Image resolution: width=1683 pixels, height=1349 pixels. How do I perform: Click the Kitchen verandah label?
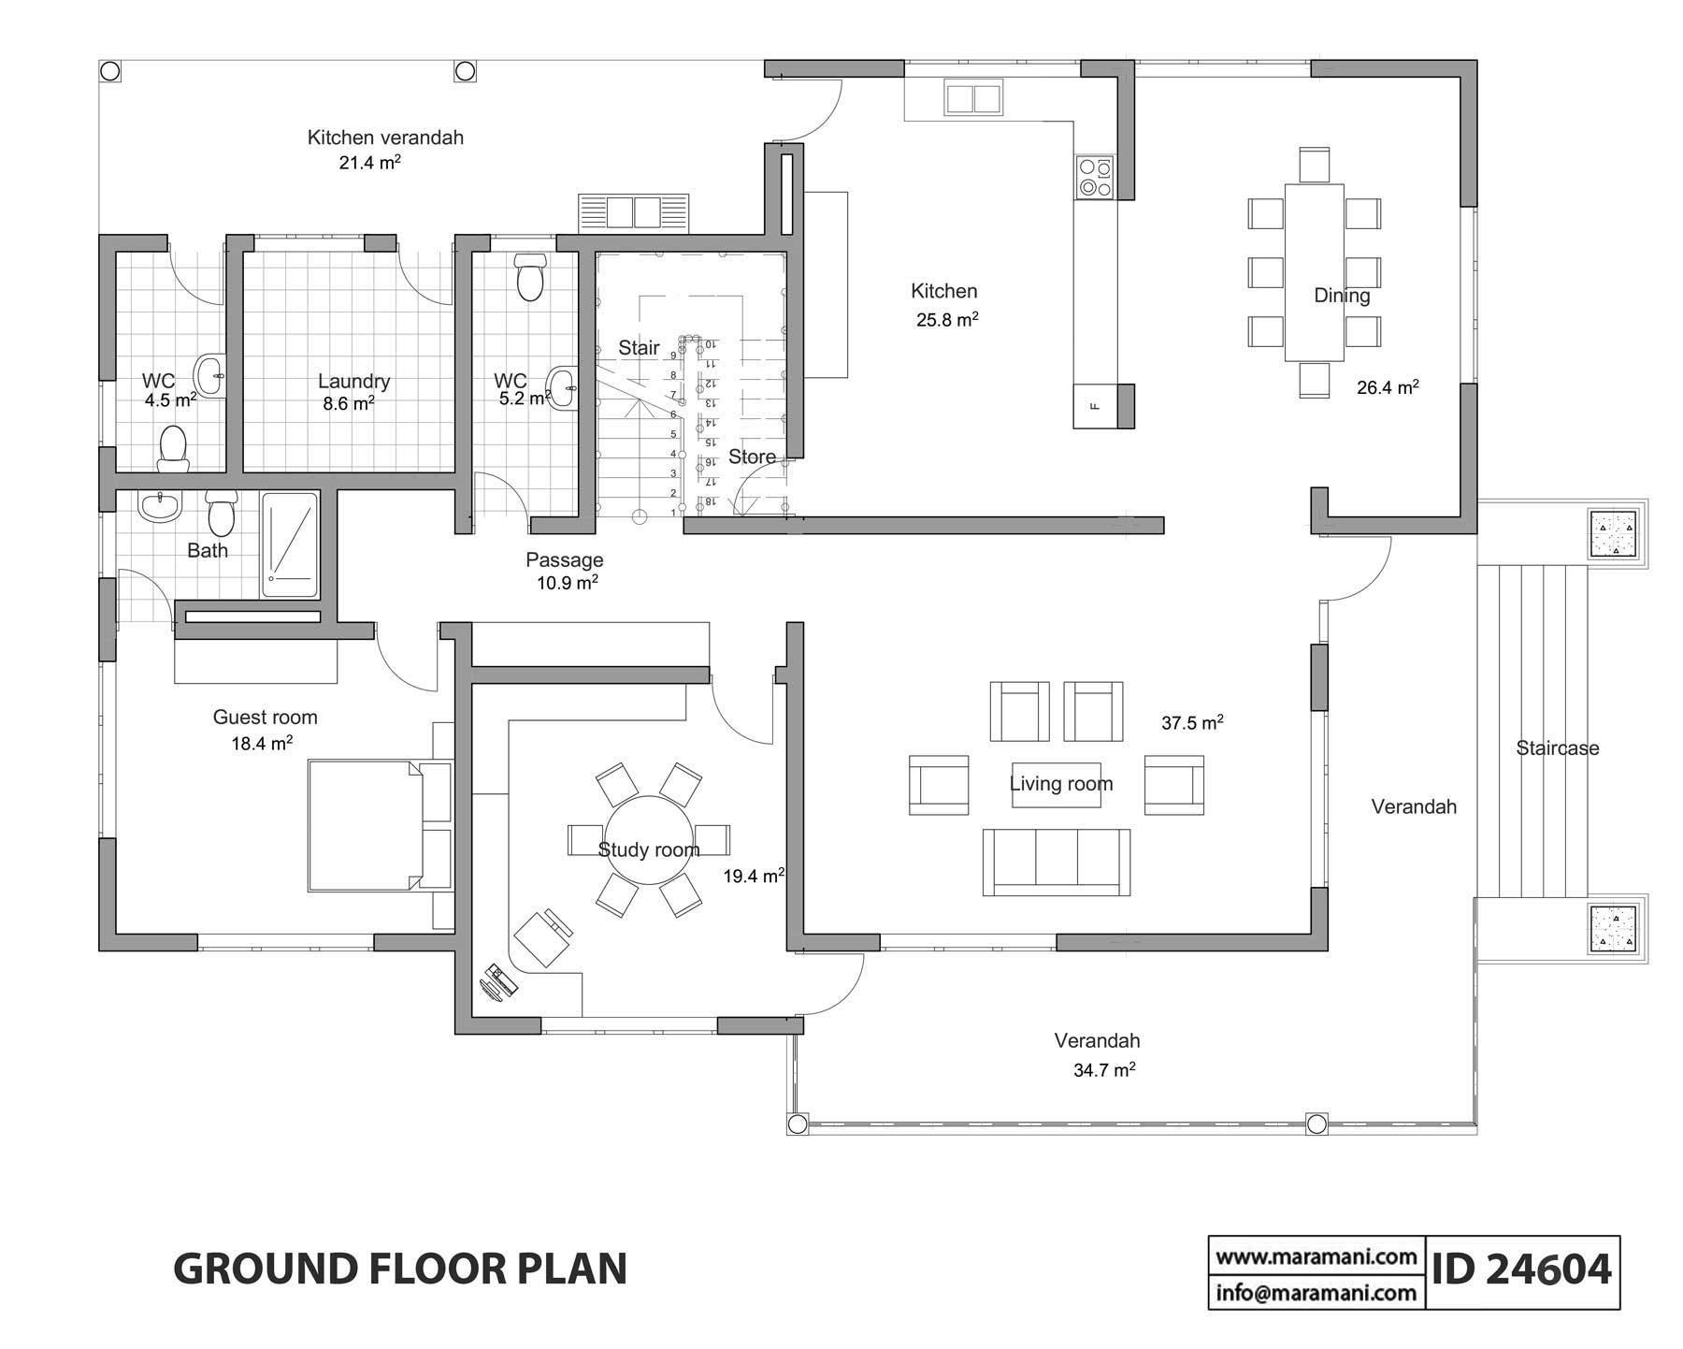tap(385, 138)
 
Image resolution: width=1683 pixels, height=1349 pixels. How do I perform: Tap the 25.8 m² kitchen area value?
tap(946, 320)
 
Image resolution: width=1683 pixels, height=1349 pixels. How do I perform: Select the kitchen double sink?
tap(974, 98)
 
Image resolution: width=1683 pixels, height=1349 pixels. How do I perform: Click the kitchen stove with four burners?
tap(1095, 178)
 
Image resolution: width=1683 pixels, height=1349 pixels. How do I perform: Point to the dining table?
tap(1314, 271)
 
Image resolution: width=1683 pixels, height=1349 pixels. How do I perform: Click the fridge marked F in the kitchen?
tap(1095, 406)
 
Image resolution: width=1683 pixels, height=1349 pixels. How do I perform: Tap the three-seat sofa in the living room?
tap(1056, 863)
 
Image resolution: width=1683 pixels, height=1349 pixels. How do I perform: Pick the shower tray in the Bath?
tap(290, 544)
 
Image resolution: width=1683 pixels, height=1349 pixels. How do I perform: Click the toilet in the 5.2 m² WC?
tap(530, 276)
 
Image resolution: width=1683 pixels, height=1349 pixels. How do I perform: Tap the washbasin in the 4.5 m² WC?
tap(210, 376)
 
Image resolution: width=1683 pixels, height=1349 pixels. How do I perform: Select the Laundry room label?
tap(353, 381)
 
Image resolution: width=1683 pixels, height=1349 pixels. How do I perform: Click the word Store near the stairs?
tap(752, 457)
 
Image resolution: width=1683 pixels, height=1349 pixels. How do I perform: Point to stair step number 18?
tap(710, 502)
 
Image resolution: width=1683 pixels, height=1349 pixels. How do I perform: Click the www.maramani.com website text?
tap(1316, 1256)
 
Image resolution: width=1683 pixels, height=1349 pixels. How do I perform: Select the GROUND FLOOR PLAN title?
tap(400, 1269)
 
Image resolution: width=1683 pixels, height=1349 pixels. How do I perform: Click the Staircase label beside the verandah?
tap(1557, 747)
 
